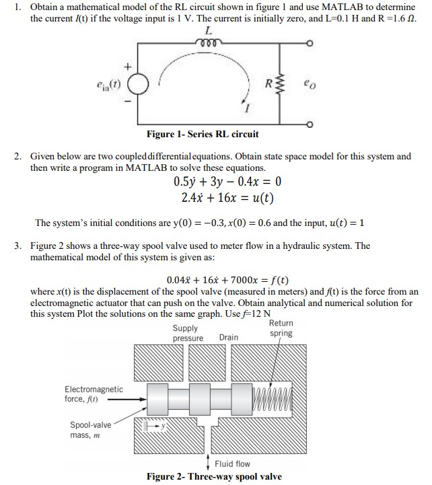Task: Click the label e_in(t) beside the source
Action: pos(108,85)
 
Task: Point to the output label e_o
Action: pos(308,85)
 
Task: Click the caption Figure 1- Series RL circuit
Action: pos(202,135)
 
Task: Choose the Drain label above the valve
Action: pos(229,337)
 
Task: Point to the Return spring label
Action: pos(281,328)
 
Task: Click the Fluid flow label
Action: pos(232,463)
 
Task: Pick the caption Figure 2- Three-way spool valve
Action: pos(214,477)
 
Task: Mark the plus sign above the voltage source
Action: pos(125,67)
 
